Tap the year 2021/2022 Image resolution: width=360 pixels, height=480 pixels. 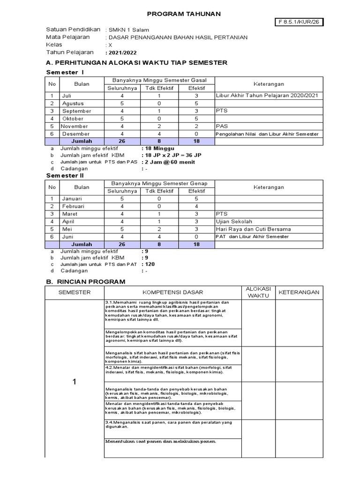[123, 53]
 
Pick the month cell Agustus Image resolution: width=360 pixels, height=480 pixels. [73, 103]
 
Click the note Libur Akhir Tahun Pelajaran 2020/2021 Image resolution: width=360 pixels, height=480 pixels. [267, 96]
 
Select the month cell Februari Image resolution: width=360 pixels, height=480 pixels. [75, 206]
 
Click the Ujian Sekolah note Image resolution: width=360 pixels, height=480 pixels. [234, 221]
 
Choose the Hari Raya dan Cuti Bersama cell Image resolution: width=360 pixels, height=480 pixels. [254, 229]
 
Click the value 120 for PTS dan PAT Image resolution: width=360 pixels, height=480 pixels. [150, 264]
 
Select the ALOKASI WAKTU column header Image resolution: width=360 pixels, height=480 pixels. [258, 292]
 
